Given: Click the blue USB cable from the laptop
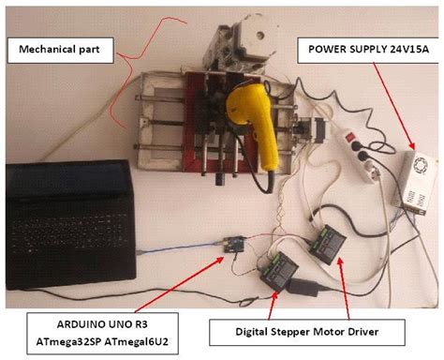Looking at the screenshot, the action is [178, 247].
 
